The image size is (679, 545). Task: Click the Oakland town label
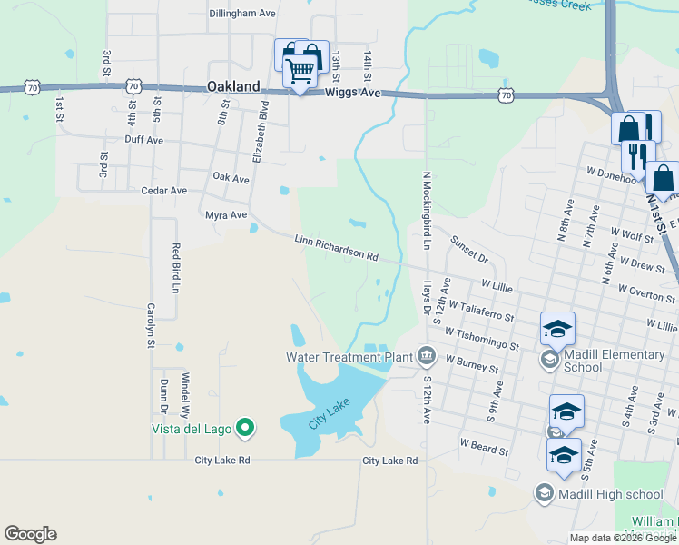pyautogui.click(x=233, y=87)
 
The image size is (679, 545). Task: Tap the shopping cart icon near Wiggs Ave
pyautogui.click(x=300, y=69)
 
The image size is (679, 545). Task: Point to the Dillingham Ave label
pyautogui.click(x=241, y=14)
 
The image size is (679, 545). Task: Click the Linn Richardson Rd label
pyautogui.click(x=336, y=248)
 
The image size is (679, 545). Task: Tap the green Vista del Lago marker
pyautogui.click(x=244, y=426)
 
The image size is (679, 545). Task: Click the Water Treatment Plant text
pyautogui.click(x=349, y=356)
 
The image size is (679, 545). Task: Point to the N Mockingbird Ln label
pyautogui.click(x=425, y=211)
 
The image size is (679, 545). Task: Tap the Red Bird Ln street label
pyautogui.click(x=176, y=263)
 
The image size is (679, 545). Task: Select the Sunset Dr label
pyautogui.click(x=469, y=249)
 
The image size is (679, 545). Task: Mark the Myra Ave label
pyautogui.click(x=226, y=215)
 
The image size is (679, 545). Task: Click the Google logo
pyautogui.click(x=30, y=534)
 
